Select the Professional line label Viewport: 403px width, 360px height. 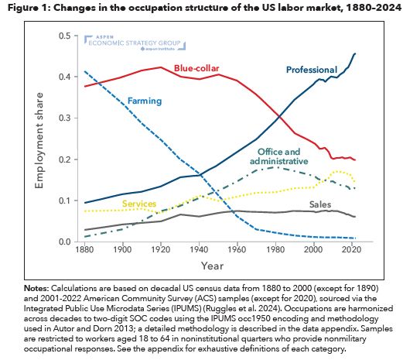point(312,70)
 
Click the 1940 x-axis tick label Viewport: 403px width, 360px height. point(197,251)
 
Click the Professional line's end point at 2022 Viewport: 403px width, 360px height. point(355,53)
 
